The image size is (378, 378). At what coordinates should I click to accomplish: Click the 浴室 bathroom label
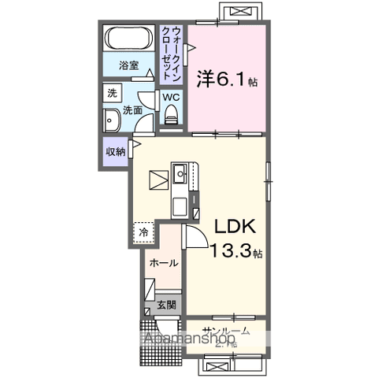coord(129,66)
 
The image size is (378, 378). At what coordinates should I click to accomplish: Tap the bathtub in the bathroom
coord(129,40)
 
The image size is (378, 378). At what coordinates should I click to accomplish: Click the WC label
coord(171,98)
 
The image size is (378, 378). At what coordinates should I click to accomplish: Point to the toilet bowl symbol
coord(171,114)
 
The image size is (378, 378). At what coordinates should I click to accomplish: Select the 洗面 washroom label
coord(132,111)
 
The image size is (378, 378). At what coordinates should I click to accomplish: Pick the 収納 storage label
coord(115,151)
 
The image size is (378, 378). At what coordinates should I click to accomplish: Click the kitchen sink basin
coord(180,170)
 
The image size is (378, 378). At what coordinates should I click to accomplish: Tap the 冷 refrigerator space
coord(144,232)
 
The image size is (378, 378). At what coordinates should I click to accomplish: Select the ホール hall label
coord(164,264)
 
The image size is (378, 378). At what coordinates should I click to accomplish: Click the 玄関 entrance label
coord(165,304)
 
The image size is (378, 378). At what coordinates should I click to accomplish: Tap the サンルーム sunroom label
coord(226,331)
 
